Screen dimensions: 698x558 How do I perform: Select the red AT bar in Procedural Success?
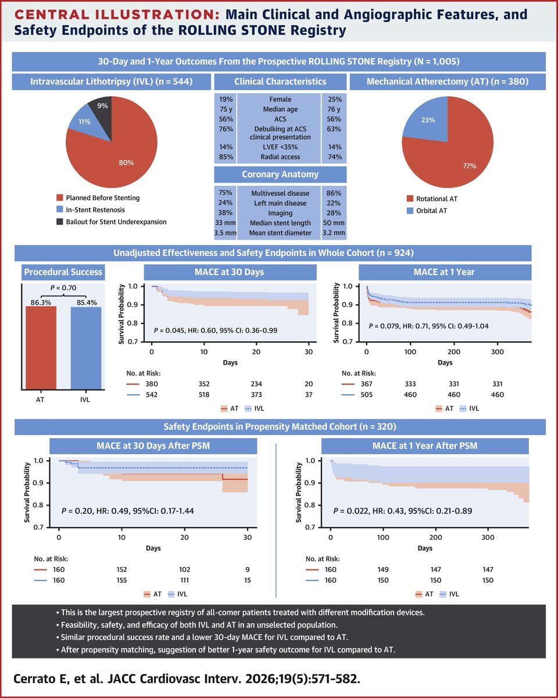[41, 349]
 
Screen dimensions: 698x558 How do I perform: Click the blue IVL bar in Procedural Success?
[86, 349]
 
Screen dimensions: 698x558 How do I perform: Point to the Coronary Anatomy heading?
[280, 175]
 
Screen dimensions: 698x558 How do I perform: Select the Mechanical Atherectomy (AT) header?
[447, 82]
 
